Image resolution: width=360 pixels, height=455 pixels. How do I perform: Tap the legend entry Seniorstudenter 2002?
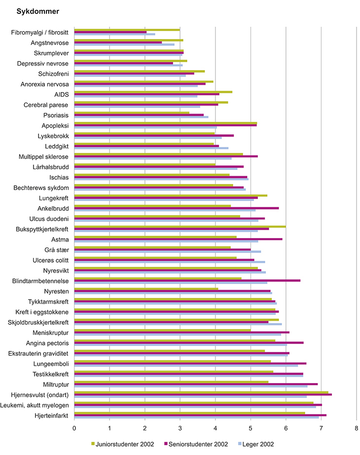pyautogui.click(x=197, y=444)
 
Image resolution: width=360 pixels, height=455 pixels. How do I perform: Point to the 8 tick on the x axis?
pyautogui.click(x=356, y=428)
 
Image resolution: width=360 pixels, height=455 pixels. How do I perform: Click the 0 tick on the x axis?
pyautogui.click(x=74, y=428)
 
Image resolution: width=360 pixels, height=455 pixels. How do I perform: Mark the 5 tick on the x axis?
pyautogui.click(x=251, y=428)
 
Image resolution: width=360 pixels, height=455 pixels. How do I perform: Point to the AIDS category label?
pyautogui.click(x=62, y=95)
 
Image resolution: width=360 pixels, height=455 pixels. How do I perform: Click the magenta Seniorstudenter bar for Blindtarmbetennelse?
pyautogui.click(x=187, y=280)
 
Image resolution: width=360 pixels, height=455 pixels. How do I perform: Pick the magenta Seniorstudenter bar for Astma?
pyautogui.click(x=178, y=239)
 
